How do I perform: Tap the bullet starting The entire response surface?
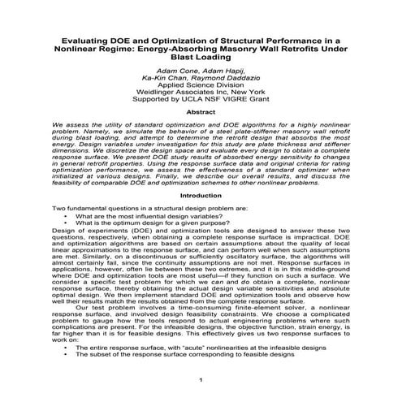[x=196, y=347]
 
